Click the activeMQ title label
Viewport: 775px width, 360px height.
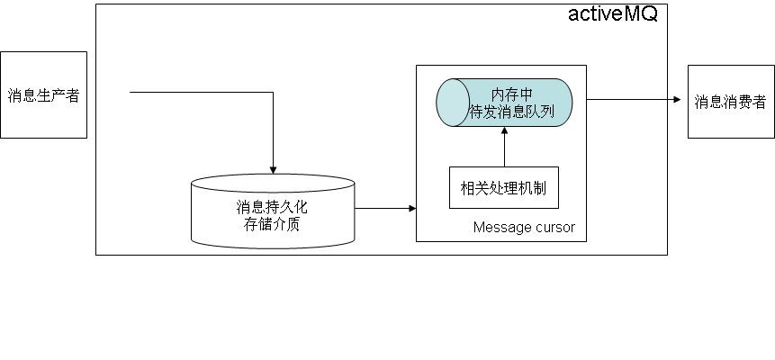click(612, 15)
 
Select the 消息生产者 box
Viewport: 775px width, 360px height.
click(43, 94)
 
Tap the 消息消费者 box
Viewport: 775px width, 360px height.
click(731, 102)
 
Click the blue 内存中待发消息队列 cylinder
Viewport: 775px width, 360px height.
click(504, 103)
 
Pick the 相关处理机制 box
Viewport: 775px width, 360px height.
click(503, 188)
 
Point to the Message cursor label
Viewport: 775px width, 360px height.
click(524, 228)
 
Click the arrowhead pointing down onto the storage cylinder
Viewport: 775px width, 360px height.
click(273, 169)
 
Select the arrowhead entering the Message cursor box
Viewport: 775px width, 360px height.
click(412, 209)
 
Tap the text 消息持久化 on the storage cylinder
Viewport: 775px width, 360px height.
click(272, 207)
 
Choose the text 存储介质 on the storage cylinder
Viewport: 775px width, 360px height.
click(272, 223)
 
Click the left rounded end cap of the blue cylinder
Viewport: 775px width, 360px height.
click(452, 103)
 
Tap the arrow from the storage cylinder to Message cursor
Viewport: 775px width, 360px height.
click(385, 209)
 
